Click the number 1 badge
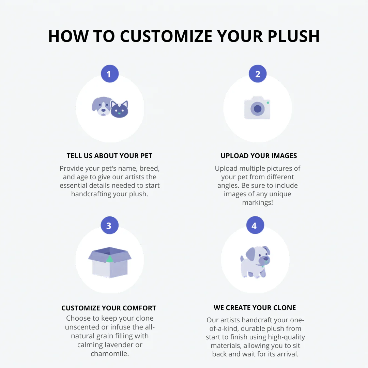(x=110, y=74)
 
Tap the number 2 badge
(x=258, y=74)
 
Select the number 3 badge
(x=110, y=225)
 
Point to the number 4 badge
(x=255, y=225)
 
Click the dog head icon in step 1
(x=102, y=106)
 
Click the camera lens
(x=258, y=109)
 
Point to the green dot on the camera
(x=268, y=103)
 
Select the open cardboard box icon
(x=110, y=262)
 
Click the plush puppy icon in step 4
(x=255, y=262)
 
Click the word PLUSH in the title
(x=294, y=36)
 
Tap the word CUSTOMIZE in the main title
(x=166, y=36)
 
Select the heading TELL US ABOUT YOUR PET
(x=109, y=156)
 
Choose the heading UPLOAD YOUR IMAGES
(x=259, y=156)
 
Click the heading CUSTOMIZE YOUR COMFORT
(x=109, y=308)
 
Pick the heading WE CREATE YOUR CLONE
(x=255, y=308)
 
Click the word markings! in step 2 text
(x=258, y=202)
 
